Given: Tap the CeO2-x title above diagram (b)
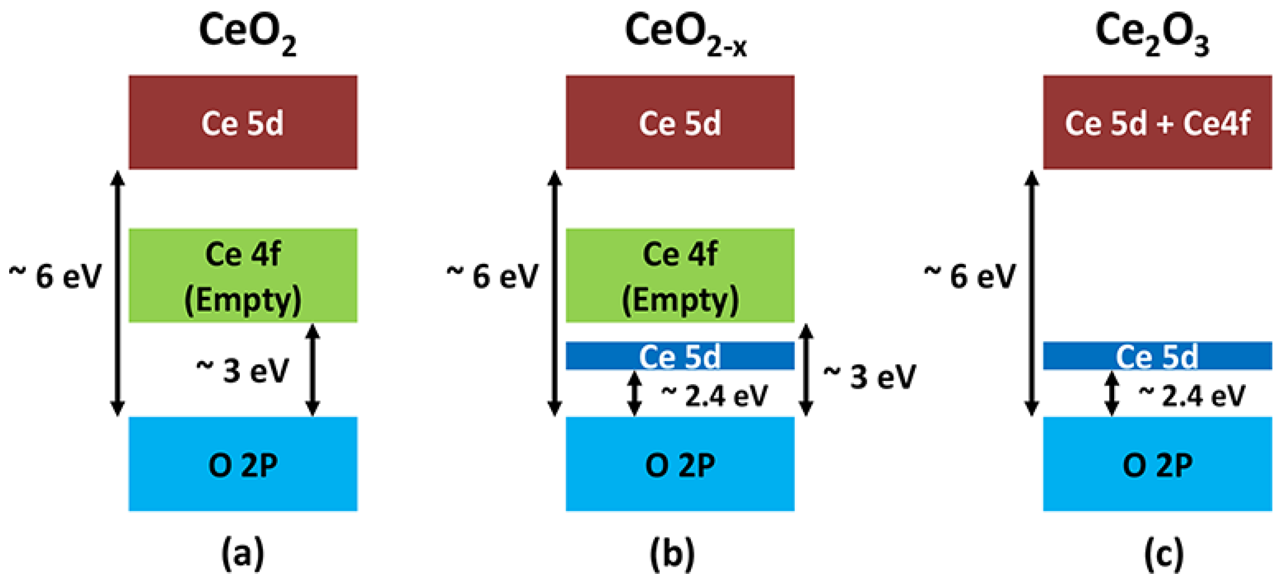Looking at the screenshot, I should point(685,34).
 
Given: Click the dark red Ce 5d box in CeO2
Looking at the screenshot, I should point(243,123).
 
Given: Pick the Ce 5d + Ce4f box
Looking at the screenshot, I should point(1157,123).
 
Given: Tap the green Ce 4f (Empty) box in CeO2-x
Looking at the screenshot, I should point(679,276).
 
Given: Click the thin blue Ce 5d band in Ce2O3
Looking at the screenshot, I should point(1157,356).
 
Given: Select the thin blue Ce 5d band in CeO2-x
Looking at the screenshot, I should point(679,356).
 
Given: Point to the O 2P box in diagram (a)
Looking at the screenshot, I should point(243,464).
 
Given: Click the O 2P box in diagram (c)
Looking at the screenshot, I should point(1157,464).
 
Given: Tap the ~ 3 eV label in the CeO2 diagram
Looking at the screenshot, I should point(243,371).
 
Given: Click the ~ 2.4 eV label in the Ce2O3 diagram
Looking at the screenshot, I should point(1191,396).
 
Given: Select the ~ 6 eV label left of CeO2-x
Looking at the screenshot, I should point(492,276).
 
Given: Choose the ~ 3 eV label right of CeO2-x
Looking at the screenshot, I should point(869,377).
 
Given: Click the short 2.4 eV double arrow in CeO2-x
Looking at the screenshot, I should point(634,394).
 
